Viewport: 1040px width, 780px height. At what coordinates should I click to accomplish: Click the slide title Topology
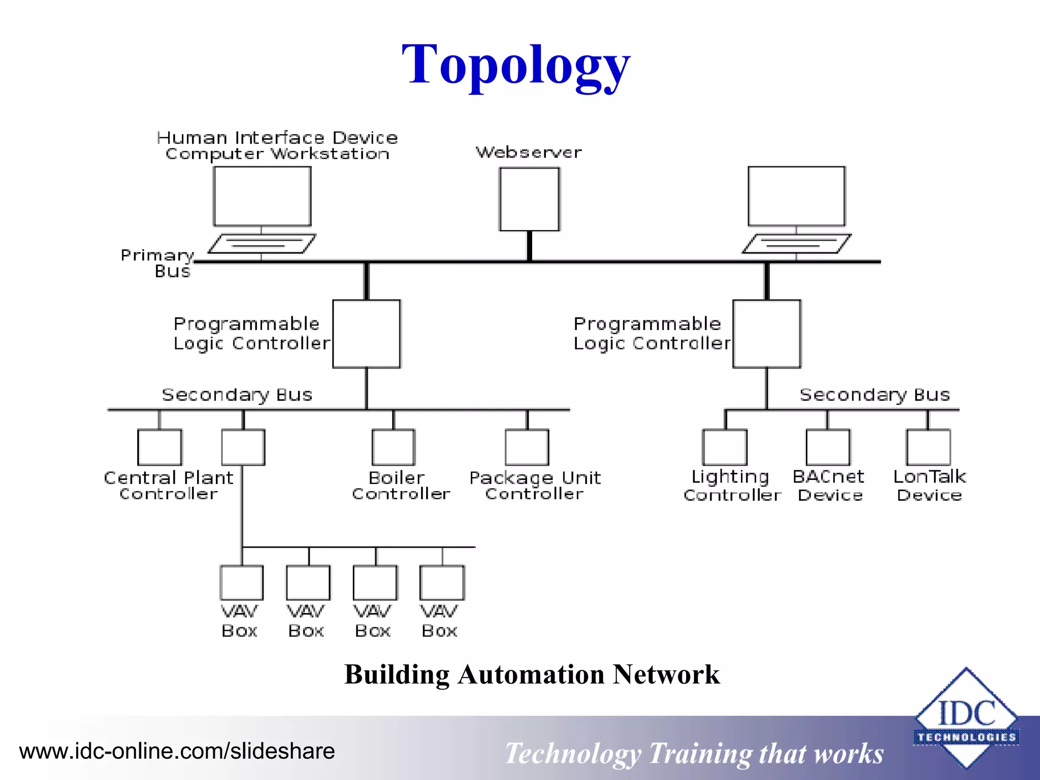coord(515,65)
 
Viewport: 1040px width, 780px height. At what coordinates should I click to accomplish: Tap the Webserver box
coord(529,199)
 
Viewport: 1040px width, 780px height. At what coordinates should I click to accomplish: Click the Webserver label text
coord(528,152)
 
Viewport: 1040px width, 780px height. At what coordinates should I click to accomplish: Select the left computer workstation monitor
coord(262,196)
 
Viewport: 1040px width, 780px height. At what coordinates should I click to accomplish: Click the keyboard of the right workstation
coord(796,244)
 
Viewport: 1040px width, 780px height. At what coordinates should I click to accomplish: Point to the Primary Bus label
coord(157,263)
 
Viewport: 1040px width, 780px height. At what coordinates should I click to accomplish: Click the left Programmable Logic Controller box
coord(366,334)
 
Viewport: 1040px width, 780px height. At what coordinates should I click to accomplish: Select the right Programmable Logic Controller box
coord(766,334)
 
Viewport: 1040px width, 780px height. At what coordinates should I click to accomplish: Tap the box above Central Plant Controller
coord(159,447)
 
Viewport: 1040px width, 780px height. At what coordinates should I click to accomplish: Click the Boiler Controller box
coord(393,447)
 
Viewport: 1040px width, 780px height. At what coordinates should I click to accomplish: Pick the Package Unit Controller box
coord(527,447)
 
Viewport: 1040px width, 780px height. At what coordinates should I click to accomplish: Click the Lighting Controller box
coord(725,447)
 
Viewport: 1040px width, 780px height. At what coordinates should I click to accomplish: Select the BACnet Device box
coord(828,447)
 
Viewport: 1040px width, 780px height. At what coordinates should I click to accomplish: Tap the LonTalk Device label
coord(929,485)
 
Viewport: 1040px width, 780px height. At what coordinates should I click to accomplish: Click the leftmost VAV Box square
coord(241,582)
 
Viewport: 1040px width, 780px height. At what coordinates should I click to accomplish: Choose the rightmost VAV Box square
coord(442,582)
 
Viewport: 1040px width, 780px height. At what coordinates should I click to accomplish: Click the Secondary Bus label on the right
coord(874,395)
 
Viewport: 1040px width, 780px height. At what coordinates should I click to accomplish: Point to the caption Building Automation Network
coord(532,674)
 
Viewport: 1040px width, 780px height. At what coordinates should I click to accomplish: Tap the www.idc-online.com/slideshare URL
coord(177,751)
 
